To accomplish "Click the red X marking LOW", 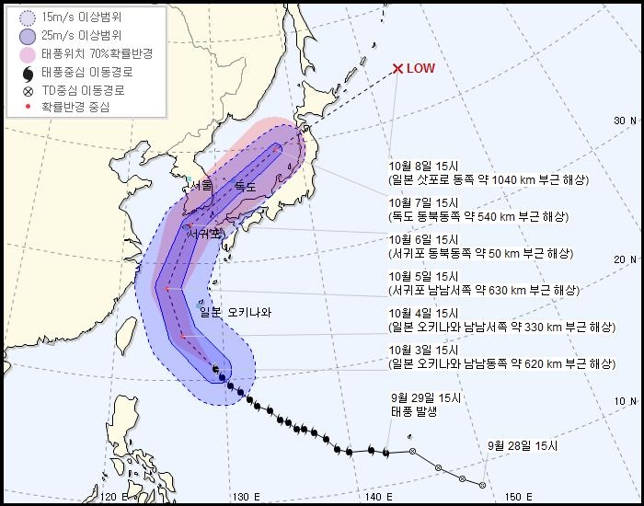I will pyautogui.click(x=397, y=69).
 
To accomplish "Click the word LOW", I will pyautogui.click(x=421, y=69).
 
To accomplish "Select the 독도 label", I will pyautogui.click(x=245, y=187).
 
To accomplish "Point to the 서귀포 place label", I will pyautogui.click(x=204, y=234).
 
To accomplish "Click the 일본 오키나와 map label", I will pyautogui.click(x=236, y=313).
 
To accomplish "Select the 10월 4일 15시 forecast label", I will pyautogui.click(x=424, y=314).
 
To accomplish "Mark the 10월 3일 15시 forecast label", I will pyautogui.click(x=424, y=351).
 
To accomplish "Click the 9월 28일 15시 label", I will pyautogui.click(x=523, y=446).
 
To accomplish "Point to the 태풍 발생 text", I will pyautogui.click(x=412, y=411).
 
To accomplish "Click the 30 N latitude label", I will pyautogui.click(x=626, y=121).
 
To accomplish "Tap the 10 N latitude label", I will pyautogui.click(x=626, y=401).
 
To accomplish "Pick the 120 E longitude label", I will pyautogui.click(x=115, y=497).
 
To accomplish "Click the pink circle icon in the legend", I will pyautogui.click(x=28, y=54).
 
